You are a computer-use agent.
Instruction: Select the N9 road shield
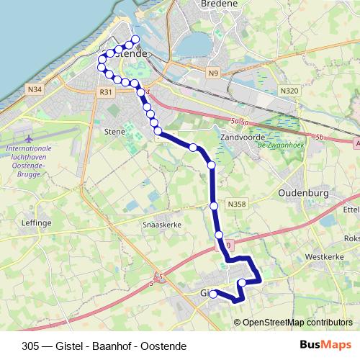212,73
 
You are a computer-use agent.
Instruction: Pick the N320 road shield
289,91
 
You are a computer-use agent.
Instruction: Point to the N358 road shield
237,204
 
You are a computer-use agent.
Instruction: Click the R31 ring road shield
106,92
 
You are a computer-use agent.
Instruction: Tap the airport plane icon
28,138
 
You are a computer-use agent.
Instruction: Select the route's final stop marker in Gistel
213,294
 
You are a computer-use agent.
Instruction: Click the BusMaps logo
325,346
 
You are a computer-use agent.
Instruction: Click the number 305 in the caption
31,346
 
